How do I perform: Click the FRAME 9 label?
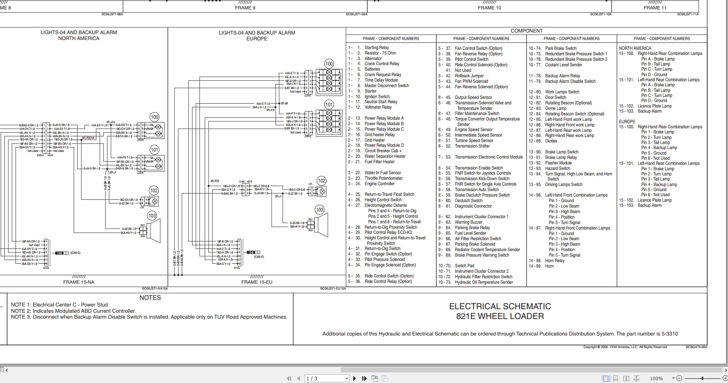coord(245,8)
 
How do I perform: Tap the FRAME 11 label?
coord(655,8)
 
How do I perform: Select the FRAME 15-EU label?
coord(257,282)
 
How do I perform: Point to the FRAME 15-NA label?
coord(79,282)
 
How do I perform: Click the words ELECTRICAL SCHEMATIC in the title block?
coord(500,306)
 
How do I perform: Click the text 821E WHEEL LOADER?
coord(500,316)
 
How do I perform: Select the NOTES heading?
coord(150,298)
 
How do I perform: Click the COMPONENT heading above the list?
coord(526,31)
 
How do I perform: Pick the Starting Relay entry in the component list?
coord(376,47)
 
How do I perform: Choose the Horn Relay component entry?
coord(555,261)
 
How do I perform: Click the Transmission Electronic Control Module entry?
coord(488,157)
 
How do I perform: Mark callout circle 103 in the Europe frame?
coord(320,210)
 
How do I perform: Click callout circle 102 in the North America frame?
coord(154,191)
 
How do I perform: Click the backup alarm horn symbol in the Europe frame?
coord(322,225)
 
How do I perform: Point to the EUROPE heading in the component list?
coord(627,122)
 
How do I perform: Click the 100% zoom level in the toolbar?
coord(656,379)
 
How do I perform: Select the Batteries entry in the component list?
coord(372,69)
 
